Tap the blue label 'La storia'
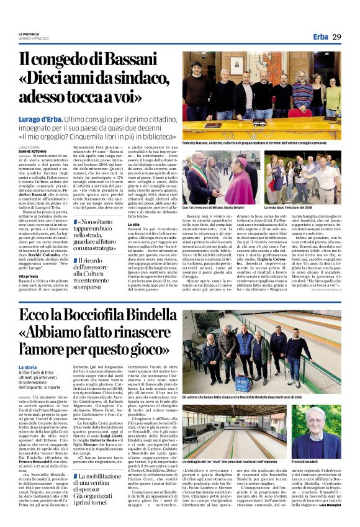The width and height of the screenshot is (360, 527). point(29,368)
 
